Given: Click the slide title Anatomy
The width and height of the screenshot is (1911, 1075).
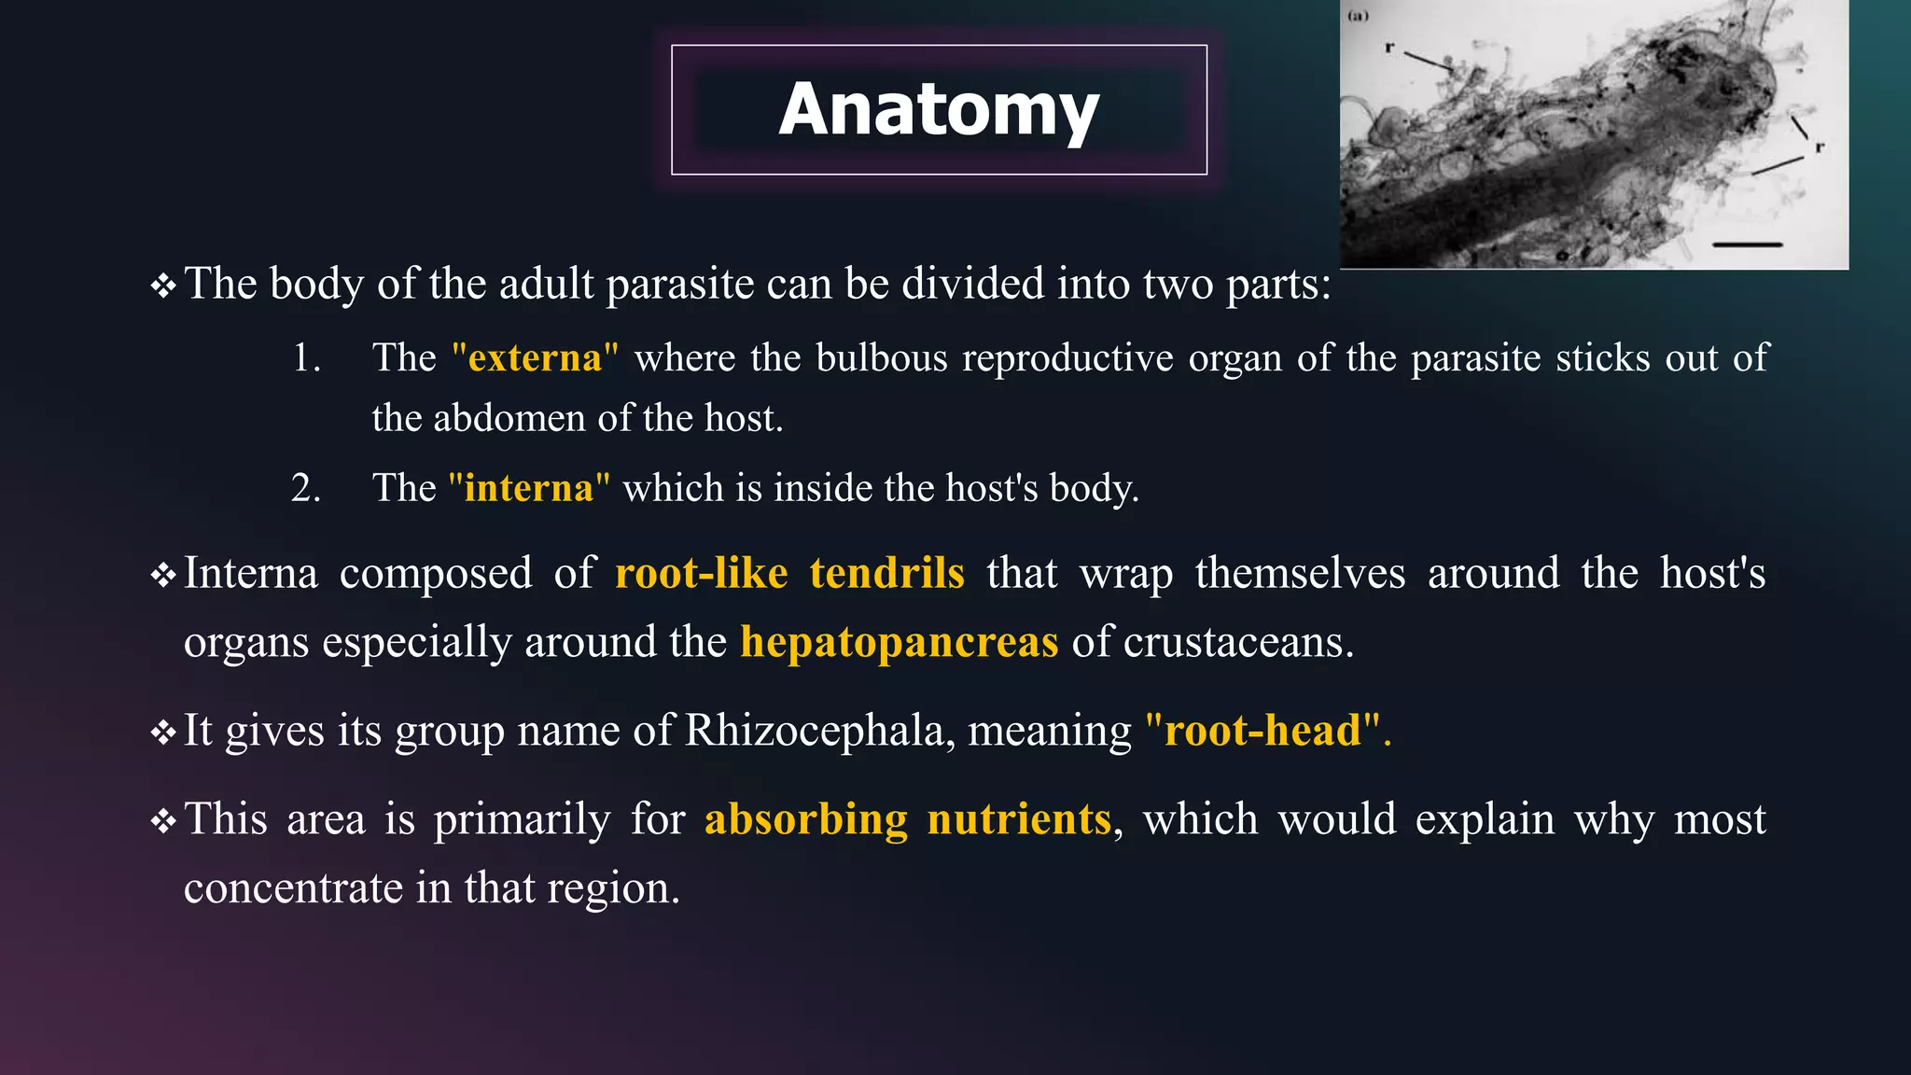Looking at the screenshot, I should [x=939, y=110].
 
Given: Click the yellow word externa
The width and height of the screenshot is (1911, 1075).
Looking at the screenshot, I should [x=535, y=358].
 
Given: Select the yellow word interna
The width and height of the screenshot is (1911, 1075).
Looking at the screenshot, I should [x=529, y=488].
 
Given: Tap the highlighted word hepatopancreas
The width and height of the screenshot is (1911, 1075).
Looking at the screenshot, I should [x=899, y=642].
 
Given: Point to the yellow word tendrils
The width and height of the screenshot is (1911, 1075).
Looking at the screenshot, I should [x=886, y=573].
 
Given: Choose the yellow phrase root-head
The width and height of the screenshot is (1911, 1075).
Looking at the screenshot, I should [x=1262, y=730].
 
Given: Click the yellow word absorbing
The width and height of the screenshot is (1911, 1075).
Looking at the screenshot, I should [x=805, y=819].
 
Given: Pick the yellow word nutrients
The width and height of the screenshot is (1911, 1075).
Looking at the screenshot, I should [x=1019, y=819].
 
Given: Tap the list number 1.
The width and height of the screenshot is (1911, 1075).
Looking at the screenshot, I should [x=305, y=358].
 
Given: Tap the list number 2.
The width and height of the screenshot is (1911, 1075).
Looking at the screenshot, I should [x=305, y=488].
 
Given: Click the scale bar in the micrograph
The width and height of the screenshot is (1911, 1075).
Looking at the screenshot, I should [x=1747, y=244].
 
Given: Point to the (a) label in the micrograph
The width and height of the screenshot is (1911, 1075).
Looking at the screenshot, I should [x=1358, y=16].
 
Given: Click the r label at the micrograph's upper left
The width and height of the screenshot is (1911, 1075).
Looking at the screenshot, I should [x=1388, y=47].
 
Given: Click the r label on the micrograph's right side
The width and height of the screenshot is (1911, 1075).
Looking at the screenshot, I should [x=1819, y=147].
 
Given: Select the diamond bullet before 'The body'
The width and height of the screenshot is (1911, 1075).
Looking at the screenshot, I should [x=163, y=286].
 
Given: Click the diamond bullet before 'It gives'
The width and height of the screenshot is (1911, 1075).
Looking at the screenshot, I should [x=163, y=733].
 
